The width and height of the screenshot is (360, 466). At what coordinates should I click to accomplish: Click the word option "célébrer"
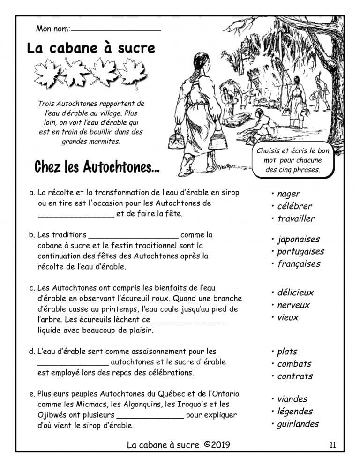pyautogui.click(x=294, y=206)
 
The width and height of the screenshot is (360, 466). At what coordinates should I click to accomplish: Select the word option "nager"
pyautogui.click(x=289, y=194)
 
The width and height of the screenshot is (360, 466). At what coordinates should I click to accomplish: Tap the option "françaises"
pyautogui.click(x=299, y=264)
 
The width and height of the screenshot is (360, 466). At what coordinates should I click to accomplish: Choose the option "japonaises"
pyautogui.click(x=298, y=240)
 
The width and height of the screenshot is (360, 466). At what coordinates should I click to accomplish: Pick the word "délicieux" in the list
pyautogui.click(x=295, y=293)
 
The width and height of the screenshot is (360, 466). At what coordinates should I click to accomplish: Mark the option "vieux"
pyautogui.click(x=288, y=317)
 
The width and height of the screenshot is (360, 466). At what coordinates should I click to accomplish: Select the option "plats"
pyautogui.click(x=287, y=352)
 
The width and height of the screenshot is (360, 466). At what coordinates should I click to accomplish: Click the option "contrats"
pyautogui.click(x=295, y=376)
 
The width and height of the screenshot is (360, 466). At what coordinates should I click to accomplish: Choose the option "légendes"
pyautogui.click(x=295, y=412)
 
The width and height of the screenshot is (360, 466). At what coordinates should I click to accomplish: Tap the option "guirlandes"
pyautogui.click(x=298, y=424)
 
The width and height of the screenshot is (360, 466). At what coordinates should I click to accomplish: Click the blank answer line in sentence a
pyautogui.click(x=75, y=216)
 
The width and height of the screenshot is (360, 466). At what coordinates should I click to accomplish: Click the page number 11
pyautogui.click(x=333, y=445)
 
